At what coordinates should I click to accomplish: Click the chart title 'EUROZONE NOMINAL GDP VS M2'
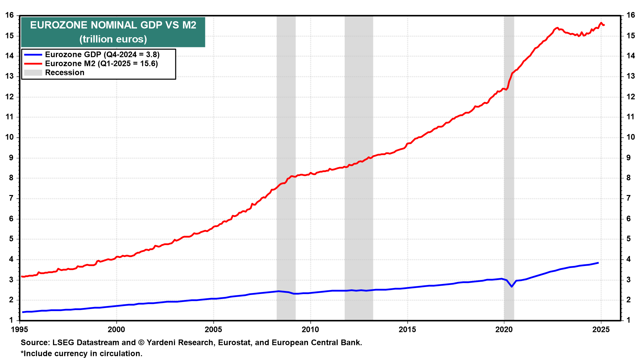coord(113,25)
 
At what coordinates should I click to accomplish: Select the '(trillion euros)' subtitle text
coord(113,39)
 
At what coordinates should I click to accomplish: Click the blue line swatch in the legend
coord(33,55)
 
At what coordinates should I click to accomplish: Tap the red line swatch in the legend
coord(33,64)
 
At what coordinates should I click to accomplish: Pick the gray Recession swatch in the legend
coord(33,73)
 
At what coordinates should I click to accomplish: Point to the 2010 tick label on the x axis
coord(310,330)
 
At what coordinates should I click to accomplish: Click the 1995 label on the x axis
coord(20,330)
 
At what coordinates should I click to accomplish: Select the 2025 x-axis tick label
coord(601,330)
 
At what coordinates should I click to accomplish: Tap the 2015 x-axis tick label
coord(407,330)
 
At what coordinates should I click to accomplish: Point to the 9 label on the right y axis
coord(628,158)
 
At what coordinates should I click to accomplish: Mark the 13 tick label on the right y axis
coord(630,76)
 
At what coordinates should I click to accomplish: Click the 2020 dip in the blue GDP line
coord(512,286)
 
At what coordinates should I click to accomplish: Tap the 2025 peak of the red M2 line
coord(601,23)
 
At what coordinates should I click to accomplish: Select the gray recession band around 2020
coord(509,167)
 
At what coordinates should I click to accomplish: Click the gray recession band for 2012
coord(359,167)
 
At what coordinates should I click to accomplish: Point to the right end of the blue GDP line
coord(598,263)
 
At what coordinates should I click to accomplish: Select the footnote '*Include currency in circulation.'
coord(82,354)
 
